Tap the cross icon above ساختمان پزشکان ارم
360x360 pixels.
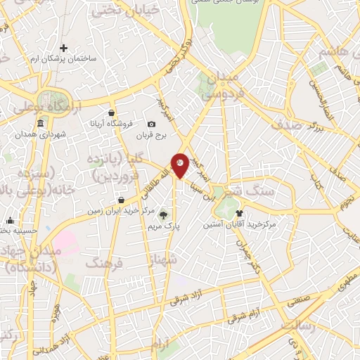coord(64,49)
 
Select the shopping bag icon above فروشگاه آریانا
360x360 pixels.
coord(111,112)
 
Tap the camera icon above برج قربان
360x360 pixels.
coord(152,124)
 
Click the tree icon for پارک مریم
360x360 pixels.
coord(165,216)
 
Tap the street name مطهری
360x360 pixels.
coord(345,276)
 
